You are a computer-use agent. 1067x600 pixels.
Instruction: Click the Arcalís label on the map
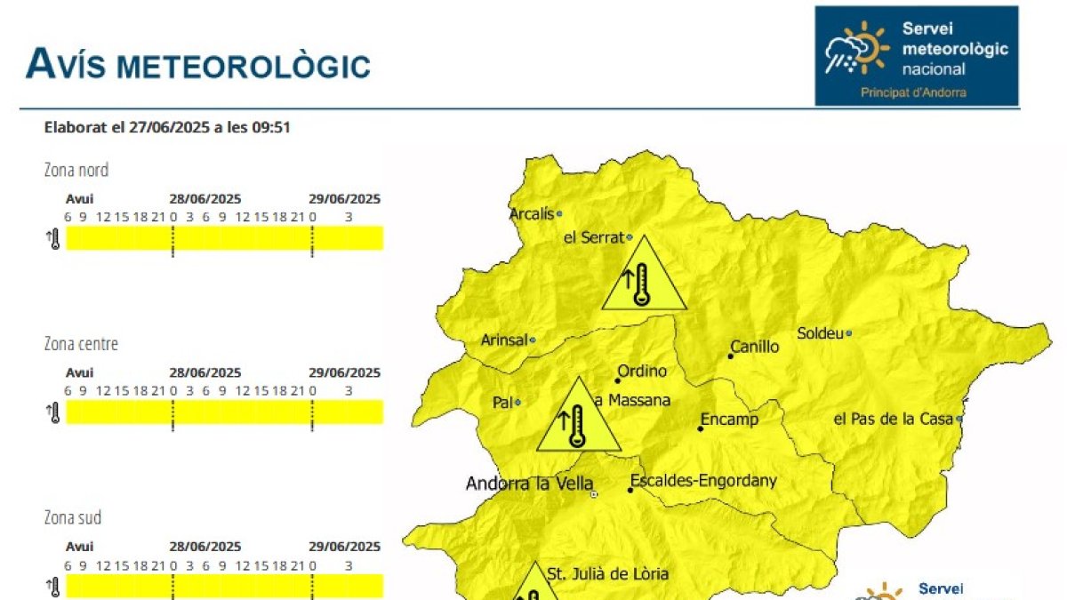click(x=531, y=214)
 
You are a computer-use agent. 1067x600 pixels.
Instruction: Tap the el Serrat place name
click(x=594, y=237)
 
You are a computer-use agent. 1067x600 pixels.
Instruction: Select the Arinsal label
click(x=504, y=340)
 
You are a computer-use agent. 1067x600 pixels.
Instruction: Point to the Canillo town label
click(x=755, y=347)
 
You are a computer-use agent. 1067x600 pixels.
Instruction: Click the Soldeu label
click(x=819, y=333)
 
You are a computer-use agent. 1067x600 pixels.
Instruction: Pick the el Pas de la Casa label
click(x=893, y=419)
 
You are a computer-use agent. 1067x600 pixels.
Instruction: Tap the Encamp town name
click(x=730, y=420)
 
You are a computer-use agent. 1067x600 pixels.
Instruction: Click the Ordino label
click(x=642, y=372)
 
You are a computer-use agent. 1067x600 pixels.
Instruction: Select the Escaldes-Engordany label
click(x=703, y=481)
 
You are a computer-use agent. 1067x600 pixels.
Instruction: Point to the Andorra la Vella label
click(x=529, y=484)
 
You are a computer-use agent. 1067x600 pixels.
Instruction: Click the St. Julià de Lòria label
click(x=607, y=574)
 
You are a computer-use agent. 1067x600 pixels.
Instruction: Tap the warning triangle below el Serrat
click(x=644, y=278)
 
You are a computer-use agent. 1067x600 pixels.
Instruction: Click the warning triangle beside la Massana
click(x=578, y=419)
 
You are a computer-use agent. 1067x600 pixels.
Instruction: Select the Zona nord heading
click(x=76, y=170)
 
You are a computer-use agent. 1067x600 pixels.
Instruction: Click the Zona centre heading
click(x=81, y=344)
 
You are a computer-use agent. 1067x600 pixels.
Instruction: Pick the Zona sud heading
click(x=73, y=517)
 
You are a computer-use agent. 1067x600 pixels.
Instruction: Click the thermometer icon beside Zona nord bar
click(x=53, y=239)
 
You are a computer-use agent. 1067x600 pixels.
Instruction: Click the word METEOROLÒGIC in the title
click(x=244, y=66)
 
